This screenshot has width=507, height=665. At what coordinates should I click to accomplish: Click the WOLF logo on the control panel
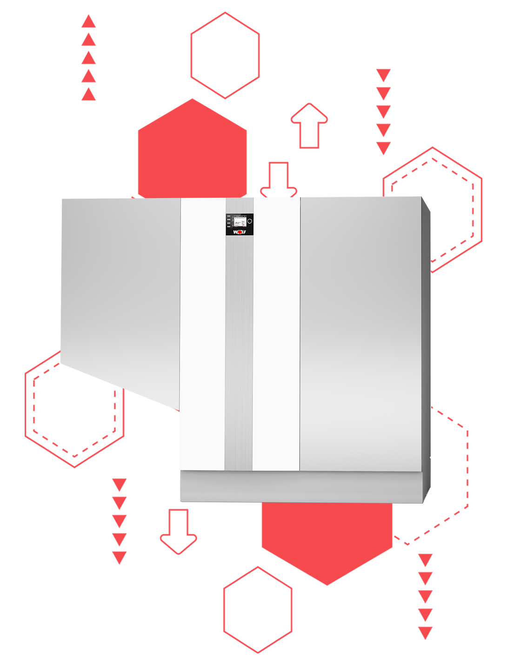click(x=240, y=232)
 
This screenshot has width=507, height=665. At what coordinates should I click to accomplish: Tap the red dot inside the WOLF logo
click(x=238, y=232)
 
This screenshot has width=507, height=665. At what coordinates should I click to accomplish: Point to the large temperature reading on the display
click(x=237, y=223)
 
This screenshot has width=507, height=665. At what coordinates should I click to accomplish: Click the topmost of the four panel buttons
click(x=228, y=216)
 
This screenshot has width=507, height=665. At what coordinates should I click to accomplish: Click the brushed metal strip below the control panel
click(x=239, y=349)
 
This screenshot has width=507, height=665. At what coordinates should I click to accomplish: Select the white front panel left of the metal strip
click(x=203, y=335)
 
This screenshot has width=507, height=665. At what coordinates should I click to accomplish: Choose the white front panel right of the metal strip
click(x=276, y=335)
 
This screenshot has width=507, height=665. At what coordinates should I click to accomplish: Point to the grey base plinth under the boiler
click(x=302, y=486)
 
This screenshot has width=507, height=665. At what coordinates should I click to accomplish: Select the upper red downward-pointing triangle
click(x=120, y=484)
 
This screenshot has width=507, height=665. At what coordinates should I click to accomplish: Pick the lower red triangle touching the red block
click(x=120, y=500)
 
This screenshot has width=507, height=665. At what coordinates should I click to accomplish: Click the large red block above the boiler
click(x=253, y=102)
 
